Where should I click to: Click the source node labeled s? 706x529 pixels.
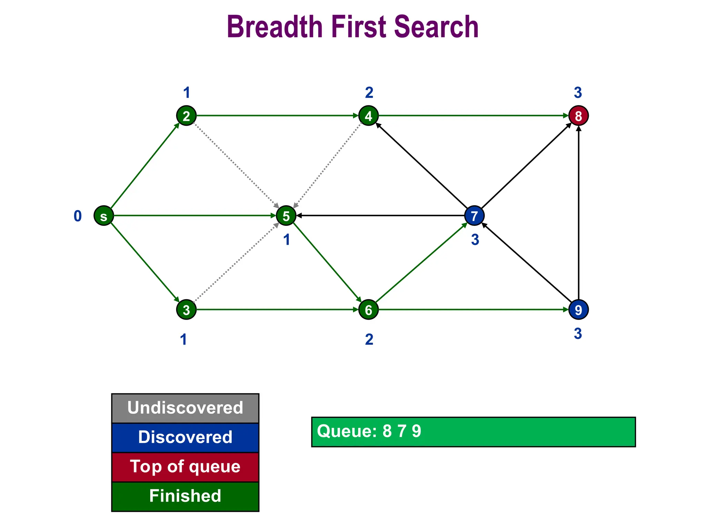104,216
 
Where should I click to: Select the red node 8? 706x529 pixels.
578,116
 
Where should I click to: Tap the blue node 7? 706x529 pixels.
474,216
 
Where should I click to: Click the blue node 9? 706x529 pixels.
578,310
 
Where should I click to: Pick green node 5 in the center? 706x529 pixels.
286,216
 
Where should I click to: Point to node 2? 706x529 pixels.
186,116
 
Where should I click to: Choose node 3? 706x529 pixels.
186,310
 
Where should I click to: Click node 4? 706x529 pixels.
369,116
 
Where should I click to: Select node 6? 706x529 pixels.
369,310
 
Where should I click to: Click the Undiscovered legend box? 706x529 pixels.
185,408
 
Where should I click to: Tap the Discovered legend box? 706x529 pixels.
185,437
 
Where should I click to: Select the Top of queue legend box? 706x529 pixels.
185,467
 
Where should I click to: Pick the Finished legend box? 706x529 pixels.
185,496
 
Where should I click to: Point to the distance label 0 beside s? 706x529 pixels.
78,216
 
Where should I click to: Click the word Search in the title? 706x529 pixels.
436,27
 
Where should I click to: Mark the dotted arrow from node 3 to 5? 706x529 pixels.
236,263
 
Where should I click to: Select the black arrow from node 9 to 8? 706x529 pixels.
578,214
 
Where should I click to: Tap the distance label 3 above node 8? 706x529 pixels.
578,93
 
